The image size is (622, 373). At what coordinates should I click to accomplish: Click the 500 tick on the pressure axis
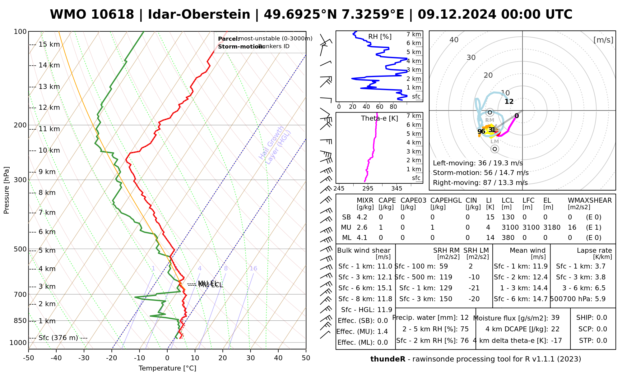(x=21, y=249)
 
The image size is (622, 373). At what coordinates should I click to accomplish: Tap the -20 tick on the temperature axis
(x=112, y=358)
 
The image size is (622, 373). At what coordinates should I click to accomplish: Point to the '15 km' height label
(x=49, y=44)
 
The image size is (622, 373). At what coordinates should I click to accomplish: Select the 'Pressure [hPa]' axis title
(x=7, y=190)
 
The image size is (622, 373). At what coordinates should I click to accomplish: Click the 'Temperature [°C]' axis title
(x=167, y=368)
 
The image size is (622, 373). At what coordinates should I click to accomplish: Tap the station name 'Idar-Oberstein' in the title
(x=199, y=15)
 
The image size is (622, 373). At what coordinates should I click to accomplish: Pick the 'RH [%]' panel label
(x=380, y=37)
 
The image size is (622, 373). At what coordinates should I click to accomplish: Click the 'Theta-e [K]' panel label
(x=379, y=118)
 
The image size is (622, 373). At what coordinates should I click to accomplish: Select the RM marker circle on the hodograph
(x=490, y=112)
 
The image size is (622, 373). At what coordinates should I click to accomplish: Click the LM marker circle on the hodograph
(x=494, y=149)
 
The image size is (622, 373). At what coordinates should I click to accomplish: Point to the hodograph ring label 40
(x=454, y=40)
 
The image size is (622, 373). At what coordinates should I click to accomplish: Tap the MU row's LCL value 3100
(x=510, y=228)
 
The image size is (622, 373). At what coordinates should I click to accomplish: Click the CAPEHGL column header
(x=446, y=200)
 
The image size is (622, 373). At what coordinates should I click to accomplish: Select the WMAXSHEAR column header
(x=590, y=200)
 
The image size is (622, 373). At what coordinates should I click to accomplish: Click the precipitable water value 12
(x=464, y=318)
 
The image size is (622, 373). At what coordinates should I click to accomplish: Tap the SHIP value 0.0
(x=601, y=318)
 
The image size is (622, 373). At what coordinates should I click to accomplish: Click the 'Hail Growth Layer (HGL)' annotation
(x=275, y=145)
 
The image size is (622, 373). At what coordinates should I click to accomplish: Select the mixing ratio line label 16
(x=253, y=269)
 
